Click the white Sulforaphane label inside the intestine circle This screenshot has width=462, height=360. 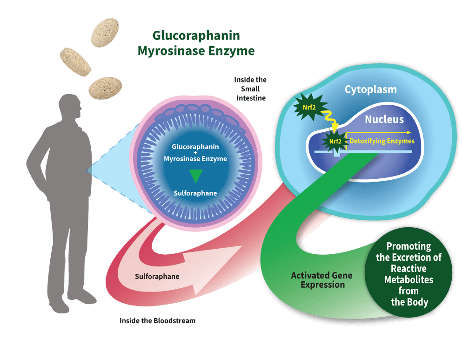coord(195,193)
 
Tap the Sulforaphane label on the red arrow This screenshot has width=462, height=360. coord(157,277)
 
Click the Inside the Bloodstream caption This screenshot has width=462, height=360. coord(157,320)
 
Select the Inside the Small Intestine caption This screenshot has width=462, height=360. coord(250,88)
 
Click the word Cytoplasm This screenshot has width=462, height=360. coord(370,89)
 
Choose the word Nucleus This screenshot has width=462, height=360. coord(384,119)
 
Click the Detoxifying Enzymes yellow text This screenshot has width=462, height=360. coord(382,141)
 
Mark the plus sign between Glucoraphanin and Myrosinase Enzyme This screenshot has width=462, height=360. coord(195,153)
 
